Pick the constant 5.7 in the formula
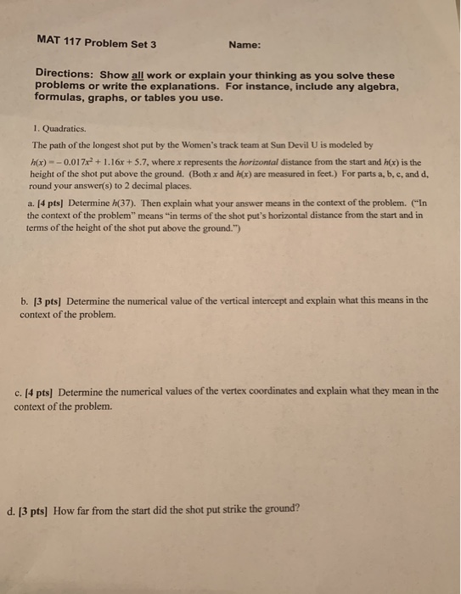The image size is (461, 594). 165,161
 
